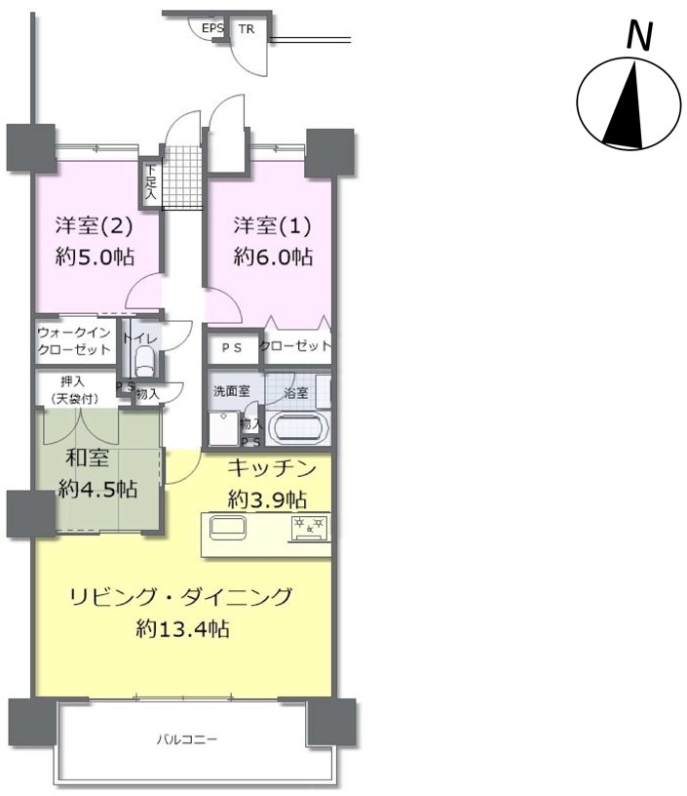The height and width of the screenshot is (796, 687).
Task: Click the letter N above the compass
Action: [639, 36]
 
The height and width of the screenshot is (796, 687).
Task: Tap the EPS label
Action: [213, 28]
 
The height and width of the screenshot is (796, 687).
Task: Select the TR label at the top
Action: [247, 29]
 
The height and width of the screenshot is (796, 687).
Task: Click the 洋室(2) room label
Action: [94, 225]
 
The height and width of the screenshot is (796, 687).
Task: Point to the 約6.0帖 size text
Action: [273, 257]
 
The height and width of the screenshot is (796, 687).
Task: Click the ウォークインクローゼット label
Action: [74, 341]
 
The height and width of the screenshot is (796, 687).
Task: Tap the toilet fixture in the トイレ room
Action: [146, 360]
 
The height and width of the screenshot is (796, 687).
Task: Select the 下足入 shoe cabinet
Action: [151, 181]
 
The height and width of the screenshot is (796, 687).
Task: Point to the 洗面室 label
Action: [231, 391]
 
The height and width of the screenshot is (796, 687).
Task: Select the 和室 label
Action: [88, 458]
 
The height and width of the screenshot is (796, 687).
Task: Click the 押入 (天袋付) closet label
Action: [74, 390]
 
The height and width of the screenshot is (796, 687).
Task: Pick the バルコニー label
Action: [186, 739]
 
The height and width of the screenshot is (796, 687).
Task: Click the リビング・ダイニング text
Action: [181, 597]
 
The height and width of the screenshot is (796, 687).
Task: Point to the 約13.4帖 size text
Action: [182, 629]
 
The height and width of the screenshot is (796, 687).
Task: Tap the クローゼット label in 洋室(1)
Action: [295, 345]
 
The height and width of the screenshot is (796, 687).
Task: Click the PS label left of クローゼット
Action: [232, 348]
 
